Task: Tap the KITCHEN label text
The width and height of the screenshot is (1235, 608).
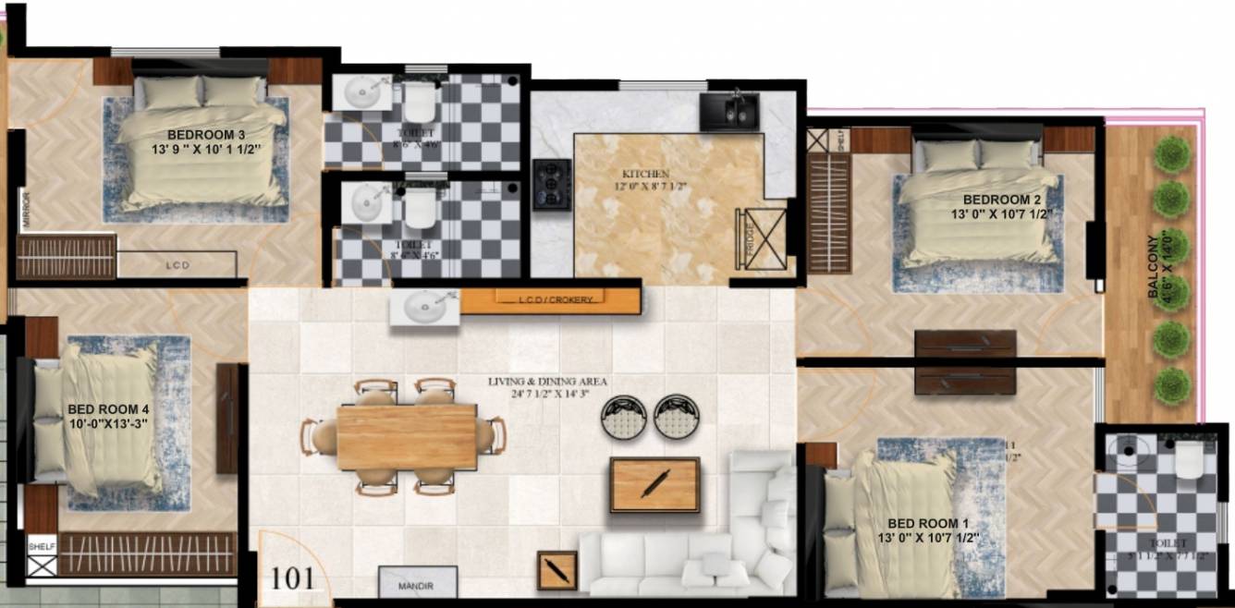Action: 644,174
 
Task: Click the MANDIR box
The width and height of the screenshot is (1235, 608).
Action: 419,585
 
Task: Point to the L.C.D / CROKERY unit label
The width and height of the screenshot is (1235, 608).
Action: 550,298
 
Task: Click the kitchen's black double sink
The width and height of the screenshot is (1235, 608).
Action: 729,111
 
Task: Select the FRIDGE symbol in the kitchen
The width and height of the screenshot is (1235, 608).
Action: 760,237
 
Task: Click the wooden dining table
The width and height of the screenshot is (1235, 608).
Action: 406,435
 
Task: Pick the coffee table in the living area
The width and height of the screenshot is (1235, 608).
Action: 654,484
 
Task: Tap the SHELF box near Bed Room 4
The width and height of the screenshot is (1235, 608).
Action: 42,546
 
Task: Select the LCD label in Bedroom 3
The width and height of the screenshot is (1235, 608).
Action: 178,265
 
